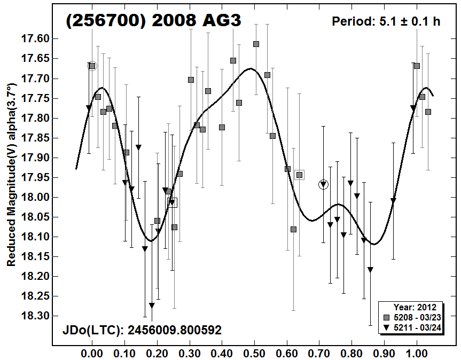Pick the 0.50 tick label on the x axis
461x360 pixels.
254,353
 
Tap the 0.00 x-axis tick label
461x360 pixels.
92,353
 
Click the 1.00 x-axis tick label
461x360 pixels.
417,353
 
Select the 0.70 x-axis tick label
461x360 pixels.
319,353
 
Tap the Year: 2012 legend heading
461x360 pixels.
415,308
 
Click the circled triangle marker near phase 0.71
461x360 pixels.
323,184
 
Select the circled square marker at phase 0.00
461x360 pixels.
92,66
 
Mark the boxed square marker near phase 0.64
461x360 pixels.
299,175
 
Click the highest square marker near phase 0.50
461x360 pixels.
256,44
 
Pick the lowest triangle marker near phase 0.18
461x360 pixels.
152,305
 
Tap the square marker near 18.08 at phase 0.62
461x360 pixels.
293,229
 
